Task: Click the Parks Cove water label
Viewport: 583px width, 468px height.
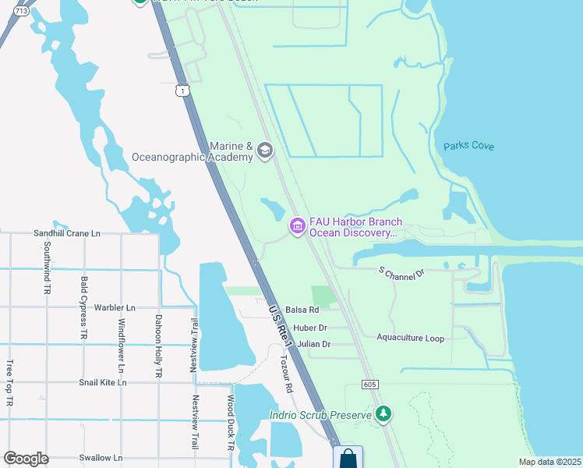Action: (470, 146)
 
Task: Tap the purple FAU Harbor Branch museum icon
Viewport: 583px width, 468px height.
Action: (297, 226)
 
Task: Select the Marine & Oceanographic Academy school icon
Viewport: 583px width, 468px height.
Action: (265, 151)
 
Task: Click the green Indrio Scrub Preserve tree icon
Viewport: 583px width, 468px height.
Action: (383, 413)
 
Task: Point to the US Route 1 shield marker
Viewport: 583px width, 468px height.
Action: (182, 91)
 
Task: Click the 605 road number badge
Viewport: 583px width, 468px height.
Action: (370, 385)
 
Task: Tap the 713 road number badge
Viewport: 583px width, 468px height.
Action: (21, 11)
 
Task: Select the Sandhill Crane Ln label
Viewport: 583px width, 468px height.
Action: (67, 233)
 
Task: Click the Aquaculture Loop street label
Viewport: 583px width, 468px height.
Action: (410, 338)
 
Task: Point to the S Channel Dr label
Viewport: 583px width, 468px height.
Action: (401, 273)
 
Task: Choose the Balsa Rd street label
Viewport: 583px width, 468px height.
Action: (302, 310)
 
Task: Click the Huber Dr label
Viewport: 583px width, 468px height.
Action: (311, 328)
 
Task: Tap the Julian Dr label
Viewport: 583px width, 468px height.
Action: (314, 344)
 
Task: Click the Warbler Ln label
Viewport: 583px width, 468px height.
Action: (115, 307)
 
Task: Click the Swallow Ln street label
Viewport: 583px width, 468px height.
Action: (101, 458)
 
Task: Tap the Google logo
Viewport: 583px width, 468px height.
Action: (26, 459)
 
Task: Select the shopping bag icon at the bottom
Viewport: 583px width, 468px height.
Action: (348, 458)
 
